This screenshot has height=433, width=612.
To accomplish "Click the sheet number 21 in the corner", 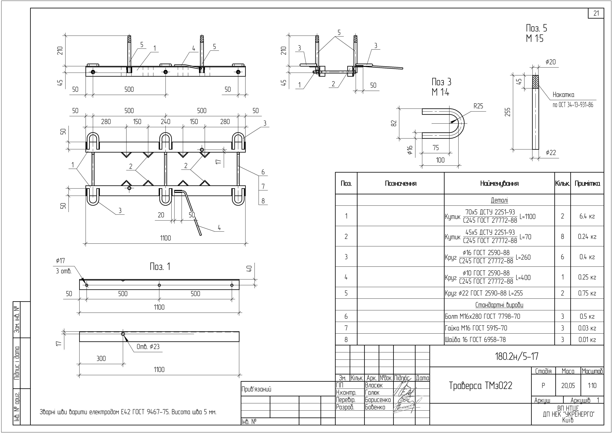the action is (x=596, y=13).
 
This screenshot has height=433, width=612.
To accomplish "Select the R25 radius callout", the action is (x=478, y=106).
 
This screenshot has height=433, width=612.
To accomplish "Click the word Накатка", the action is (x=563, y=95).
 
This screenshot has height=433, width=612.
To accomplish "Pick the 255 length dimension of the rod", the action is (x=508, y=112).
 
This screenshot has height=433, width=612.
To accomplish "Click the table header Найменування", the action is (x=499, y=183).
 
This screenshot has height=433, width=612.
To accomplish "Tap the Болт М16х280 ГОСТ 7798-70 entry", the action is (x=482, y=316).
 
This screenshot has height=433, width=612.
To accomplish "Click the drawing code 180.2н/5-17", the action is (x=517, y=356).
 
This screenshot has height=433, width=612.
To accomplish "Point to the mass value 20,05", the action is (x=568, y=386).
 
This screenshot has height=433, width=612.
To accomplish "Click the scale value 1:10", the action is (x=592, y=386).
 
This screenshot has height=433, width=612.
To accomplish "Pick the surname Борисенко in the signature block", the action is (x=378, y=400).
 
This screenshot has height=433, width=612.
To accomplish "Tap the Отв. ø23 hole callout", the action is (x=148, y=347).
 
